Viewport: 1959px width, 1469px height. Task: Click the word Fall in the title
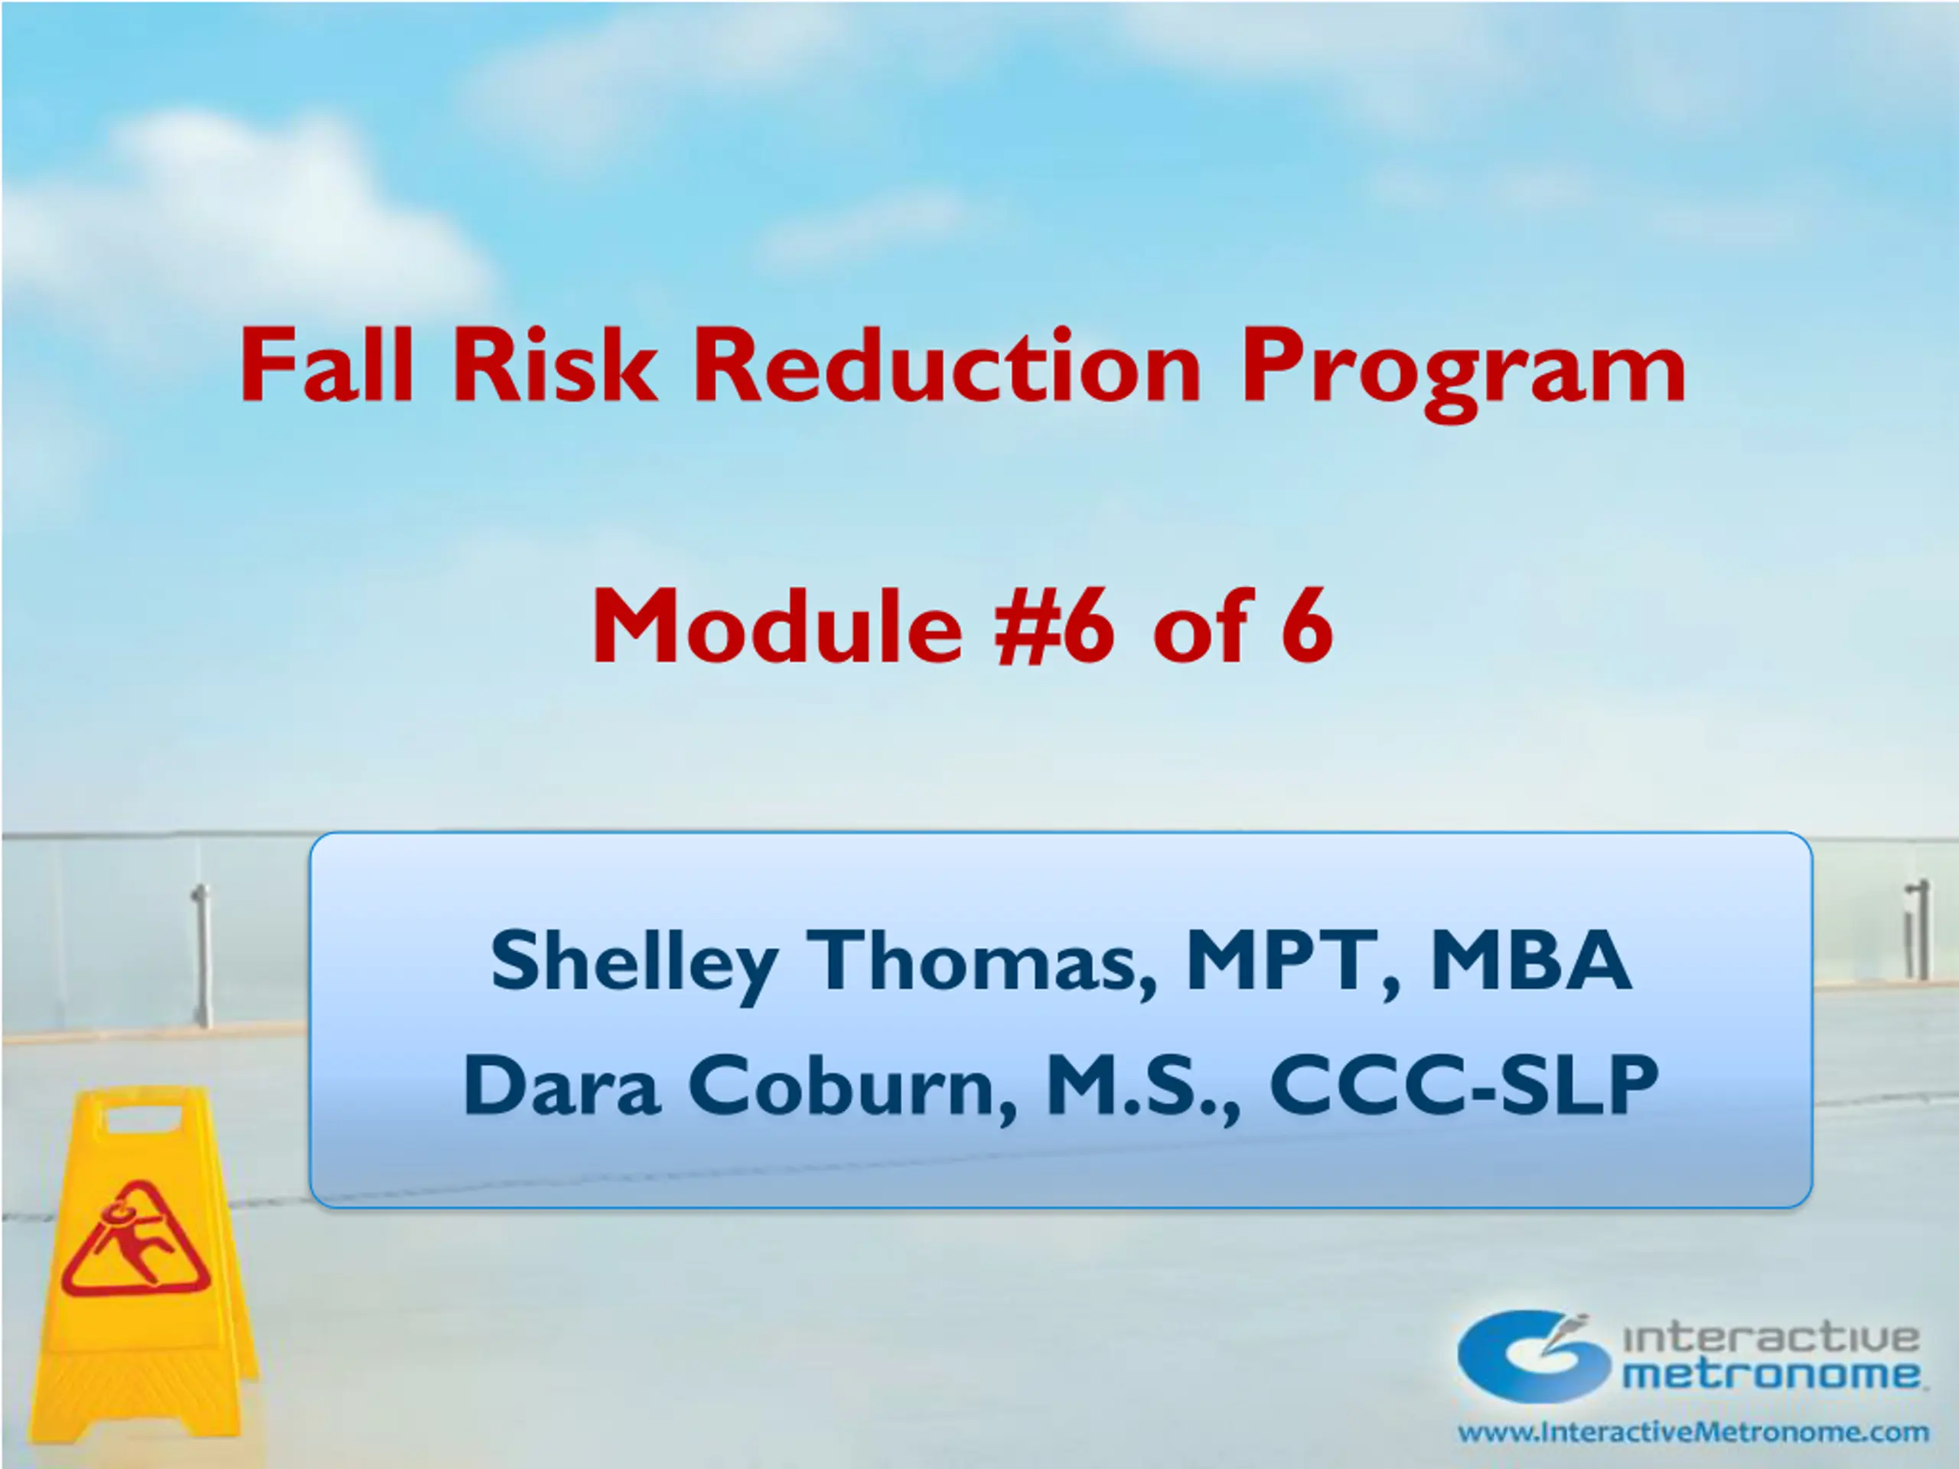click(327, 366)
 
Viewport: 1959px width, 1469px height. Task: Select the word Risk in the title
click(556, 366)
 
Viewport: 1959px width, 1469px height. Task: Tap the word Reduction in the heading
click(947, 366)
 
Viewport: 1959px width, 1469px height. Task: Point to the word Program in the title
click(1463, 373)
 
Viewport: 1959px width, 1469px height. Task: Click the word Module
click(777, 626)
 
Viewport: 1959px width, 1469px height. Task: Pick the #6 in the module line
click(1054, 626)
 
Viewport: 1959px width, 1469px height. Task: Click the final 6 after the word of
click(1306, 627)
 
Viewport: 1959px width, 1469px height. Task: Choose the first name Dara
click(562, 1085)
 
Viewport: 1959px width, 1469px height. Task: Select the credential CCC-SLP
click(1463, 1085)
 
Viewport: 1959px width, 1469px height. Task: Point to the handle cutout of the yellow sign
click(145, 1118)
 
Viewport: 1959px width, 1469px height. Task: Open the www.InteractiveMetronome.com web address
click(1693, 1432)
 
